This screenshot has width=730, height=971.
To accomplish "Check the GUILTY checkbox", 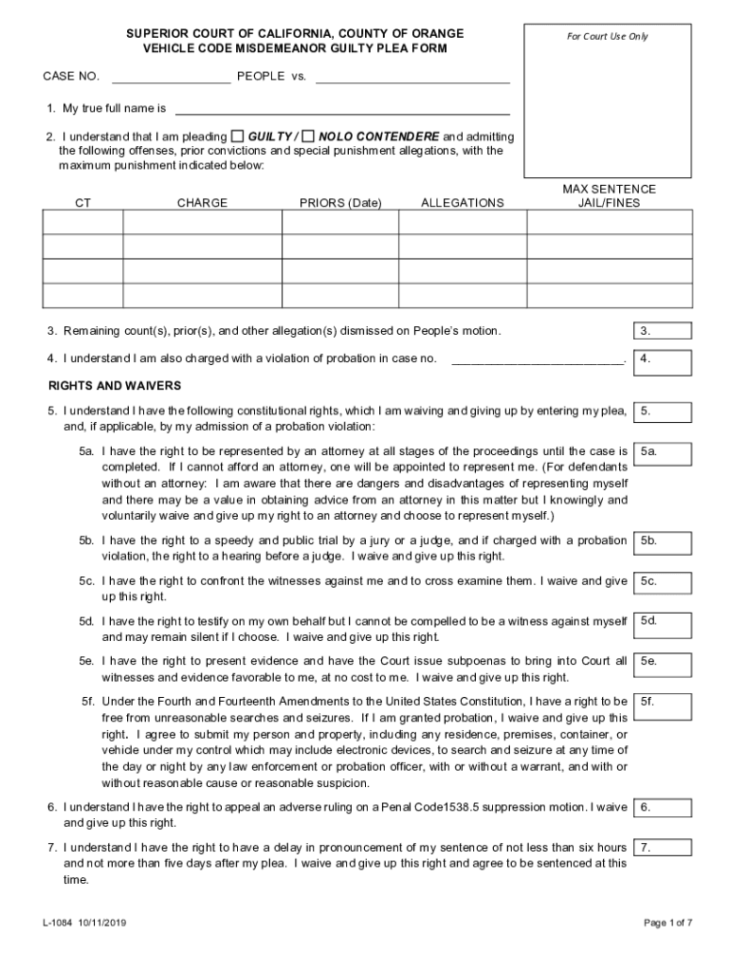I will pyautogui.click(x=238, y=136).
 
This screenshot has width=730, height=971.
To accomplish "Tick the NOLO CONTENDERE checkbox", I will pyautogui.click(x=308, y=136).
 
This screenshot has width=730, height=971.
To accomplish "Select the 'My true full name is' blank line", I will pyautogui.click(x=342, y=109).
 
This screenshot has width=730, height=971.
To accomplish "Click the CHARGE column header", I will pyautogui.click(x=202, y=203).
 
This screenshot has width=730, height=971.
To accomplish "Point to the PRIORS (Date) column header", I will pyautogui.click(x=340, y=203).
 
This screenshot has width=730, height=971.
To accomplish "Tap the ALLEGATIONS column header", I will pyautogui.click(x=463, y=203).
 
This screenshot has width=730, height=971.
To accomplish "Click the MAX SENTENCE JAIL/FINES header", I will pyautogui.click(x=609, y=196).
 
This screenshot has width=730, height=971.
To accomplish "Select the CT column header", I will pyautogui.click(x=83, y=203).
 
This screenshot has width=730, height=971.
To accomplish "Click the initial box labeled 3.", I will pyautogui.click(x=662, y=331).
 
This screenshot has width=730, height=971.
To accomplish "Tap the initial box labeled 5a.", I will pyautogui.click(x=662, y=452).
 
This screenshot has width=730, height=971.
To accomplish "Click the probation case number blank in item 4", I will pyautogui.click(x=538, y=359).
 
